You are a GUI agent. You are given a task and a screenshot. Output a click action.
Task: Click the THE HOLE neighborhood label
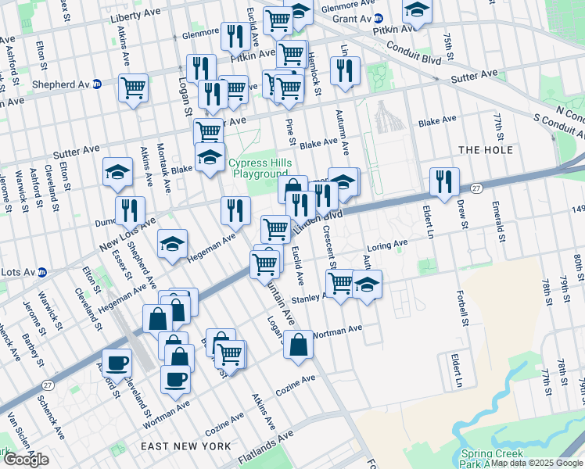pyautogui.click(x=486, y=150)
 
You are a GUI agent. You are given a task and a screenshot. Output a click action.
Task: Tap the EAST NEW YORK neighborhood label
pyautogui.click(x=185, y=446)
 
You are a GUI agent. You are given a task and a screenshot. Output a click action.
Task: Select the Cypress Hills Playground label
pyautogui.click(x=258, y=168)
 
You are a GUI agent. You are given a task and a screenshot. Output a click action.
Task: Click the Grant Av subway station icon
pyautogui.click(x=379, y=17)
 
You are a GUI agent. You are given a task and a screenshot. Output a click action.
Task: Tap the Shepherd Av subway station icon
pyautogui.click(x=97, y=84)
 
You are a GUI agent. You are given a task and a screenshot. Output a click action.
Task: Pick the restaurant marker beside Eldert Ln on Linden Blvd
pyautogui.click(x=444, y=181)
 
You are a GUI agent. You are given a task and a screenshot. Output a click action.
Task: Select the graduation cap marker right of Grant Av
pyautogui.click(x=417, y=11)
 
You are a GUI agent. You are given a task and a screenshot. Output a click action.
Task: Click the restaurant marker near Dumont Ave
pyautogui.click(x=130, y=209)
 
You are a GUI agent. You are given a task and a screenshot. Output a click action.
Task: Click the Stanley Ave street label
pyautogui.click(x=307, y=299)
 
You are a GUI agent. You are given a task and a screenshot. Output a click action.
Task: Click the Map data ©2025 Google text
pyautogui.click(x=536, y=463)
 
